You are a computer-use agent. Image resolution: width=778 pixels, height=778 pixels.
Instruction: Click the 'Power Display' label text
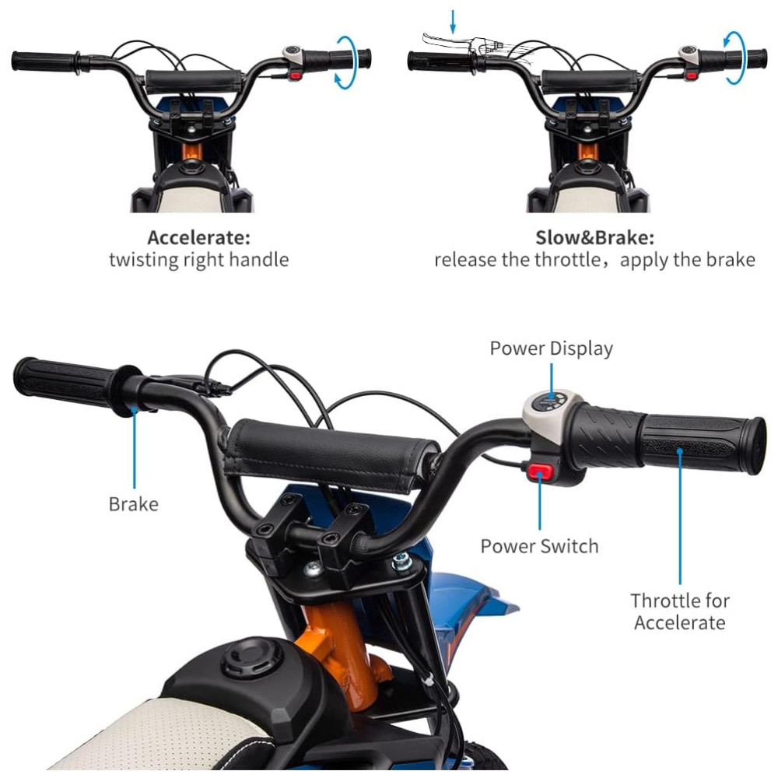coord(552,349)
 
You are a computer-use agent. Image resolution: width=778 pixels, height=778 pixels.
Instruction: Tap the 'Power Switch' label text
coord(539,546)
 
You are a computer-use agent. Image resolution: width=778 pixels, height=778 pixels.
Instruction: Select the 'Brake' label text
coord(134,504)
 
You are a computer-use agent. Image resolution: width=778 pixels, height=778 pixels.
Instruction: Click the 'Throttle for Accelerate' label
coord(680,612)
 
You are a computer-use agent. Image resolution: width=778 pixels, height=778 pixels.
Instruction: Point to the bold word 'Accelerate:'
coord(198,237)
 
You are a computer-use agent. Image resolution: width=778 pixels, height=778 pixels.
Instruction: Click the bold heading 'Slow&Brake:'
coord(595,237)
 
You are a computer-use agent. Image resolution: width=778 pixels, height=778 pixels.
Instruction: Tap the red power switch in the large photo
coord(540,471)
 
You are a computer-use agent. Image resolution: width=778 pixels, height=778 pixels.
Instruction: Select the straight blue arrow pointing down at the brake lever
coord(453,22)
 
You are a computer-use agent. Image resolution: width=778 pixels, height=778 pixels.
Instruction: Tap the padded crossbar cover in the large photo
coord(330,455)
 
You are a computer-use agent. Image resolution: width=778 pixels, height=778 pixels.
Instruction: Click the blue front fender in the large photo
coord(466,610)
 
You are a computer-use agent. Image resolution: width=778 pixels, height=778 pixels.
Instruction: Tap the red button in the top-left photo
coord(295,76)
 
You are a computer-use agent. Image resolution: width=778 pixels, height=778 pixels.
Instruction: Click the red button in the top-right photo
coord(691,75)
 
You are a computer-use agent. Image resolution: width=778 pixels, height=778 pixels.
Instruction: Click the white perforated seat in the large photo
coord(154,734)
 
